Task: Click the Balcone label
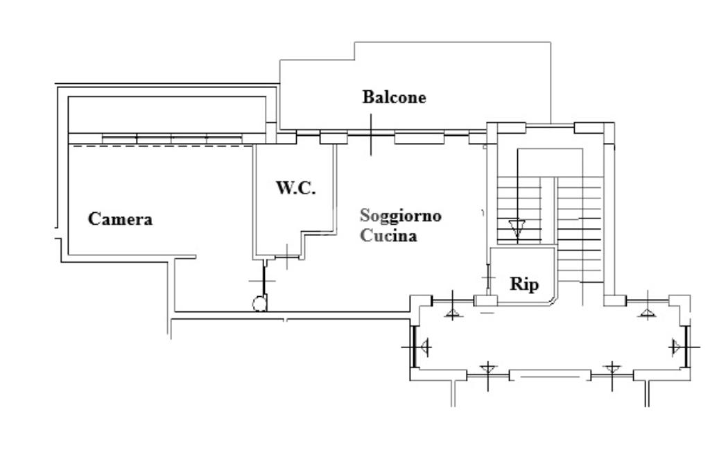394,97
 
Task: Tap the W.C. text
295,187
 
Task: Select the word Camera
120,219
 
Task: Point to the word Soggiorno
400,216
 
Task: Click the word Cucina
388,236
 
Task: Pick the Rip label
524,284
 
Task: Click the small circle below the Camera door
259,304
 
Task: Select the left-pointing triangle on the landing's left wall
424,347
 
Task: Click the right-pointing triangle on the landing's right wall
677,347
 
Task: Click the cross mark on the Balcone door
372,135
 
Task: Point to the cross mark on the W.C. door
288,257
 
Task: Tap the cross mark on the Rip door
488,277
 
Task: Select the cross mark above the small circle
262,281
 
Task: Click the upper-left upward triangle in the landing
453,313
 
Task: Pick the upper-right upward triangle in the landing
648,313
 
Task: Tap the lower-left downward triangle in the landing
487,369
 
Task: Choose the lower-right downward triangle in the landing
612,369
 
